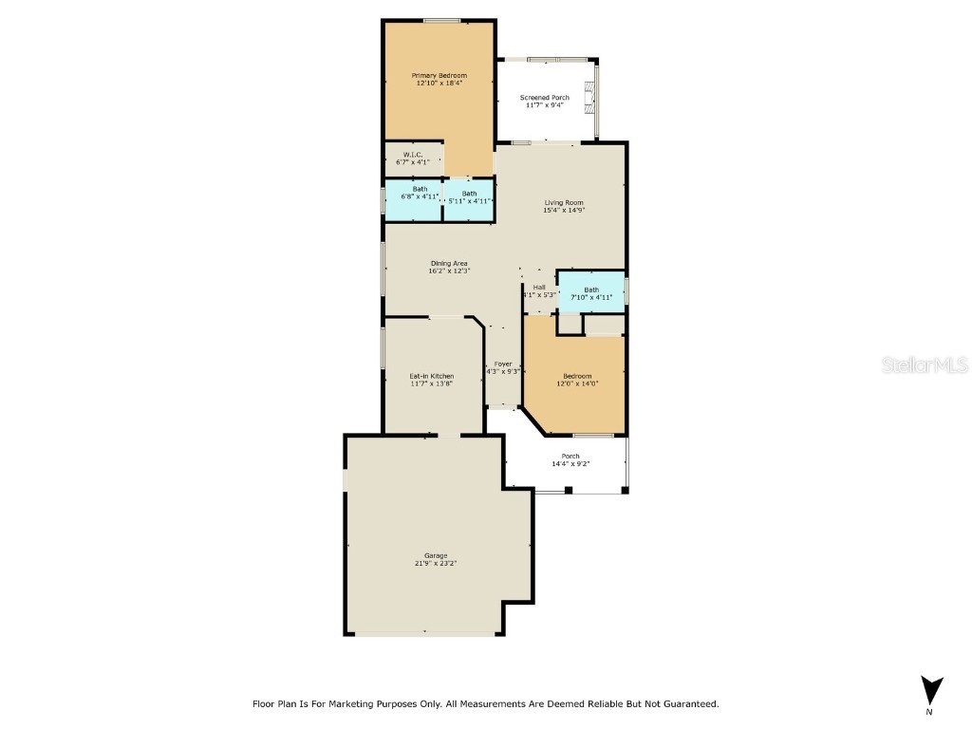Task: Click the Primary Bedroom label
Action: click(x=439, y=75)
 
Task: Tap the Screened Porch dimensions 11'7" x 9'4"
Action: click(x=545, y=105)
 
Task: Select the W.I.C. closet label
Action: click(x=412, y=155)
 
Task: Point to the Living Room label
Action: click(x=563, y=202)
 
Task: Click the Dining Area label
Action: click(x=449, y=263)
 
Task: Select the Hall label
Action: click(x=538, y=287)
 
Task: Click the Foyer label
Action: click(x=502, y=364)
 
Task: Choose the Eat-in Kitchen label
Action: click(x=431, y=376)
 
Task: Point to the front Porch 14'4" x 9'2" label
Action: click(x=570, y=456)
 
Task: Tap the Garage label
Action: click(x=436, y=555)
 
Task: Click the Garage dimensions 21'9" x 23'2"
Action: click(x=436, y=564)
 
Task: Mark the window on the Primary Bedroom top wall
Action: click(x=442, y=20)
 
